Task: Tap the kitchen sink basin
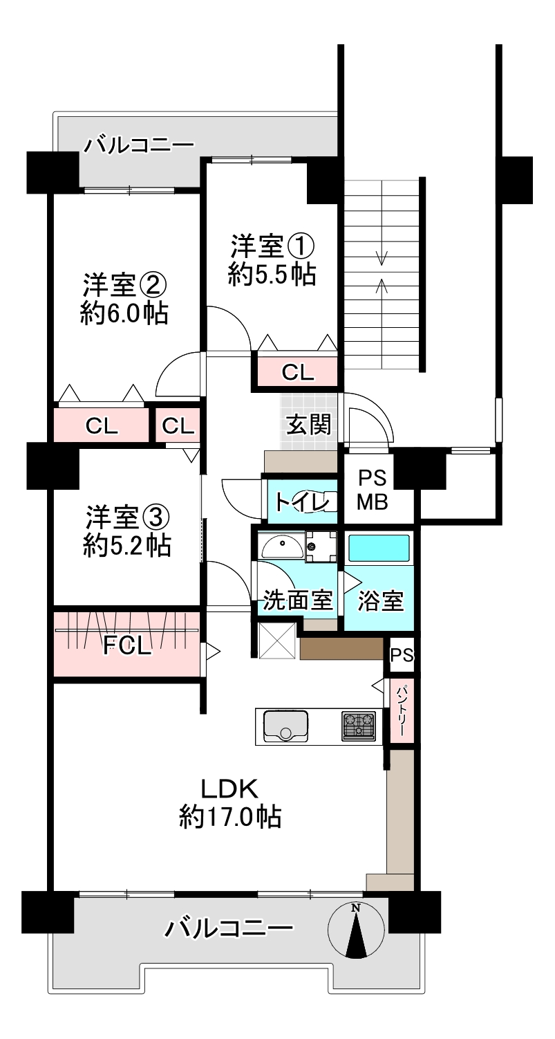point(286,726)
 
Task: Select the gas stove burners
point(359,726)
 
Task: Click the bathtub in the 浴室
point(379,549)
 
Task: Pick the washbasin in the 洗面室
point(282,547)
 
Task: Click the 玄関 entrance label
point(308,424)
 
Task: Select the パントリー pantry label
point(401,710)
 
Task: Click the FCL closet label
point(127,645)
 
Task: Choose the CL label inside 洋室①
point(298,371)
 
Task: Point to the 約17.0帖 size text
point(230,816)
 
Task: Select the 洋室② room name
point(124,286)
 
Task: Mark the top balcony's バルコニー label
point(138,145)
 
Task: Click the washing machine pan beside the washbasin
point(321,547)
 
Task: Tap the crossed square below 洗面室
point(277,641)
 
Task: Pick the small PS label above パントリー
point(402,655)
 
